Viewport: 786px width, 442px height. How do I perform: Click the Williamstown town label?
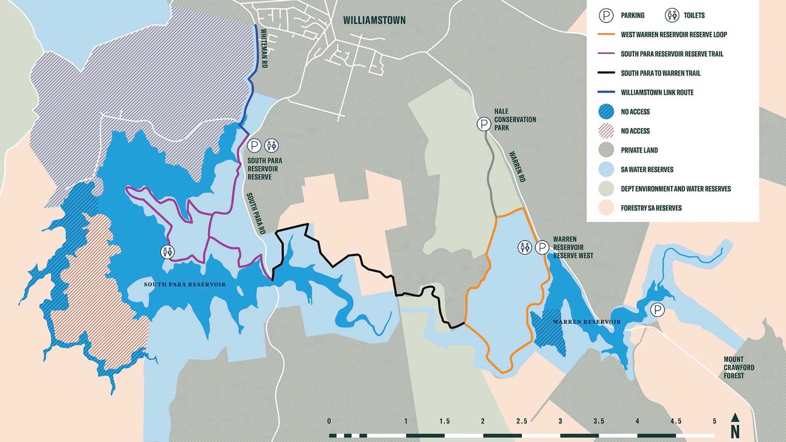[374, 20]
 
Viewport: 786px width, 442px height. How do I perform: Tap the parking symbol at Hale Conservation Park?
[484, 124]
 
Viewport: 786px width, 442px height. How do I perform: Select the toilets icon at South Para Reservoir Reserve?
[271, 145]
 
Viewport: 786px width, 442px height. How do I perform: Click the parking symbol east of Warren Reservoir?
[657, 310]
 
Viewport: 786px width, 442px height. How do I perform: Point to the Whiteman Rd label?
[264, 48]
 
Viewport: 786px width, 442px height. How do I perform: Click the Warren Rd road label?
[517, 167]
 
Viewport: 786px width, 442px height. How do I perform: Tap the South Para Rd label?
[256, 213]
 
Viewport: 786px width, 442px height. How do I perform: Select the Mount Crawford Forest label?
[739, 367]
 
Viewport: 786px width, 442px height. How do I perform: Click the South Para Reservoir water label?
[185, 284]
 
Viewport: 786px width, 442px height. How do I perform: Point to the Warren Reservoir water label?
[587, 322]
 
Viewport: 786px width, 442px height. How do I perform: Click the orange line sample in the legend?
[606, 34]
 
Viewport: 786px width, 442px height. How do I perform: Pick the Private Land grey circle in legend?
[606, 150]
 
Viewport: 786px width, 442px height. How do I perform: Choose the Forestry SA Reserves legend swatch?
[606, 208]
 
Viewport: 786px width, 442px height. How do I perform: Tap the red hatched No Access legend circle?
[606, 131]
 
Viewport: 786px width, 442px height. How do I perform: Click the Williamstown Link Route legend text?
[657, 92]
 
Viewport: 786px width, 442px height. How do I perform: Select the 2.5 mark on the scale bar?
[522, 421]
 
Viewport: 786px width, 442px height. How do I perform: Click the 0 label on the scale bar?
[329, 421]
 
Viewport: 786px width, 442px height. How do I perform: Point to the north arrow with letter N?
[735, 426]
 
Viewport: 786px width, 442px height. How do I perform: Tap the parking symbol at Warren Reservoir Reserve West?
[542, 247]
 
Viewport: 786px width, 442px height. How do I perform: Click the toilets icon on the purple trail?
[167, 252]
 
